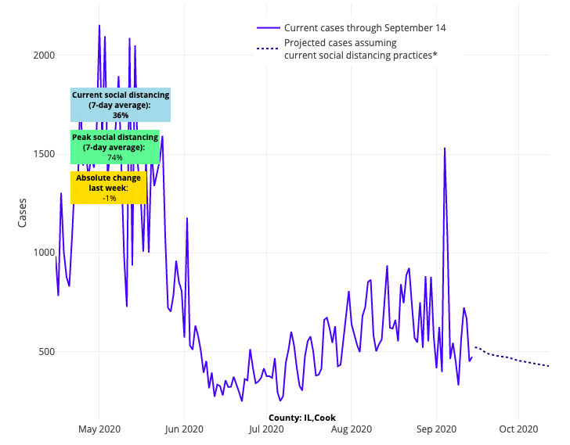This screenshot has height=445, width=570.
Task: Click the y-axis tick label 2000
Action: [43, 55]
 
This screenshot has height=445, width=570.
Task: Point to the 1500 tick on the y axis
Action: [43, 154]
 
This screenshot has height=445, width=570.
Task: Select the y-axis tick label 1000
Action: [43, 253]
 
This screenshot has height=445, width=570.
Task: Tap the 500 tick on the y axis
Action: [46, 351]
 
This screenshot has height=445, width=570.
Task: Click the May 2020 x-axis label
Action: [99, 429]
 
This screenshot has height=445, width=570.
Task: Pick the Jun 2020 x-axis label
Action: [185, 429]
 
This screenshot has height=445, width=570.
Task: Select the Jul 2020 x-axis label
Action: [268, 429]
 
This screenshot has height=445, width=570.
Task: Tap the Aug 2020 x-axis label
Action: [352, 429]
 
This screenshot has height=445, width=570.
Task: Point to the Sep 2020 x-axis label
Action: [436, 429]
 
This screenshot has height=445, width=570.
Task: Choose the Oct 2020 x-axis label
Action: [518, 429]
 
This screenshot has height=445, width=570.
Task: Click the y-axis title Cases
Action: [22, 212]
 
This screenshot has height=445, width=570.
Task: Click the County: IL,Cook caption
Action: [301, 418]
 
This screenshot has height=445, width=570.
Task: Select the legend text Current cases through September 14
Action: [365, 28]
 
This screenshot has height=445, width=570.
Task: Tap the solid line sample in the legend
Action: [268, 28]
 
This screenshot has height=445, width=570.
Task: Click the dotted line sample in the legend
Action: [268, 49]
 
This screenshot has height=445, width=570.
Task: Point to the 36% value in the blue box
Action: [121, 115]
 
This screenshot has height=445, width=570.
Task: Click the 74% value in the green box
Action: [115, 157]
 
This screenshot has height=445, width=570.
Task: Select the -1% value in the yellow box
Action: [109, 199]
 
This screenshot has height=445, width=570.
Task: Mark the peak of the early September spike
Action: [445, 148]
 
